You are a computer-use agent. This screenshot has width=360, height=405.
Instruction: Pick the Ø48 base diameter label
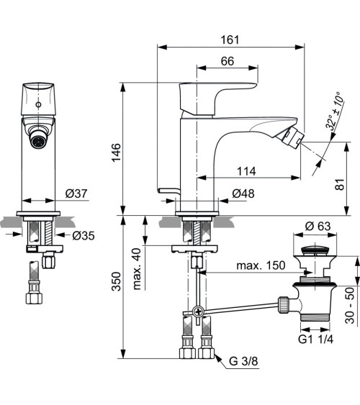[242, 194]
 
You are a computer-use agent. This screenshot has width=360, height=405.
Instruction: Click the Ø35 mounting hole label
[81, 235]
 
